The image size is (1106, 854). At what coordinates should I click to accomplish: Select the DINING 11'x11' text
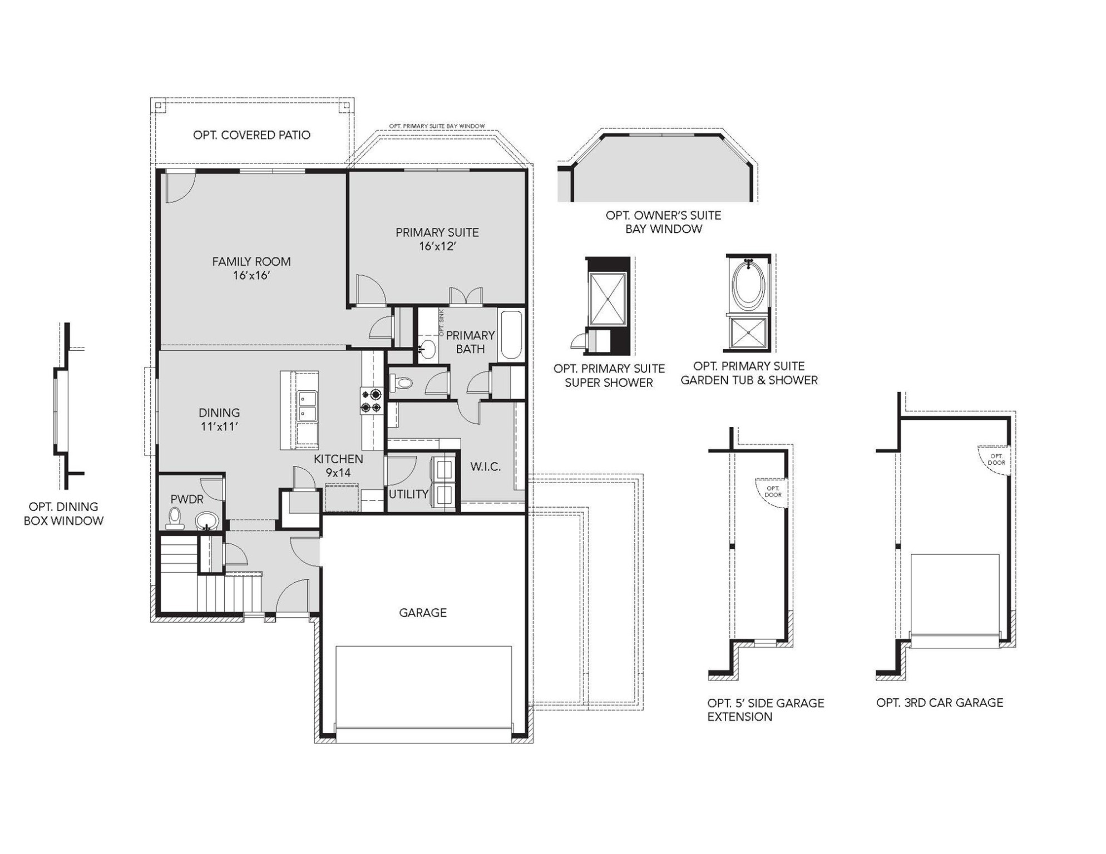tap(219, 419)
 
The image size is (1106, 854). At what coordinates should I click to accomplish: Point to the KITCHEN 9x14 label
tap(338, 465)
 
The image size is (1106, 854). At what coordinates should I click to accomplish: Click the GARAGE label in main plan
tap(423, 612)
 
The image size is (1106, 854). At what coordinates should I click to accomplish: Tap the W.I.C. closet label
tap(485, 466)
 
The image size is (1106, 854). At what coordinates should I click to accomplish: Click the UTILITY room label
tap(408, 494)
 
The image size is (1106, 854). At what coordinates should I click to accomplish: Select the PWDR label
tap(187, 499)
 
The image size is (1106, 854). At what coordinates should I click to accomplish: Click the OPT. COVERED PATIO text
tap(251, 135)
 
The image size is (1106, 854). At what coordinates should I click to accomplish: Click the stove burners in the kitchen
tap(371, 401)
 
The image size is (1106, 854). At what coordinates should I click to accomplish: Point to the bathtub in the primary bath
tap(511, 335)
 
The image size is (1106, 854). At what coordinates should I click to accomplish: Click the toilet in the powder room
tap(176, 518)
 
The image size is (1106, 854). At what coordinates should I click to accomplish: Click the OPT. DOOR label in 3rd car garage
tap(996, 459)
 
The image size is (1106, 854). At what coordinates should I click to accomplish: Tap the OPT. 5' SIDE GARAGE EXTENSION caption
tap(765, 709)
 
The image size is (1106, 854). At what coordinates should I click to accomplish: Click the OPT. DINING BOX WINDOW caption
tap(63, 513)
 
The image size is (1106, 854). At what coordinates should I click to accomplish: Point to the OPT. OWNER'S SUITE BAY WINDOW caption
tap(663, 222)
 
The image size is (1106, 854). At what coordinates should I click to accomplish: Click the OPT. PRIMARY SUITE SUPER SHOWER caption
tap(609, 375)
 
